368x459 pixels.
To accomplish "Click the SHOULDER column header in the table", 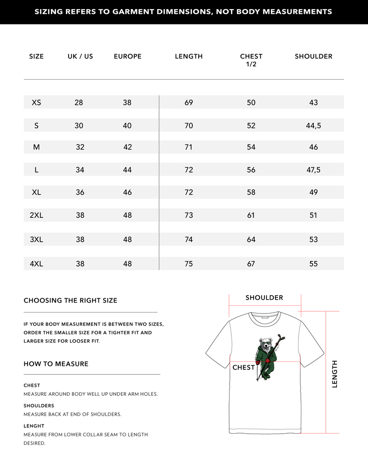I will [x=313, y=56].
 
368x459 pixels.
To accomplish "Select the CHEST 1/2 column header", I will [x=251, y=60].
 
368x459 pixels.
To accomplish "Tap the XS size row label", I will [x=36, y=102].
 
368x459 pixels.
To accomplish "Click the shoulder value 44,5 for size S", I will [x=313, y=125].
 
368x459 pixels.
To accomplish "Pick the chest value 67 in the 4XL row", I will [x=251, y=264].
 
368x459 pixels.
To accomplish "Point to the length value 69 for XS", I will [x=189, y=102].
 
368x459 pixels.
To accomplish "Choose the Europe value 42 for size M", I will [x=127, y=147].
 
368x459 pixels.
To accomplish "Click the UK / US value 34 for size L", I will [x=80, y=170].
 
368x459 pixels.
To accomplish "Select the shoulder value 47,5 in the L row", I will [x=313, y=170].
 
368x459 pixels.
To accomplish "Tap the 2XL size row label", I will [x=36, y=215].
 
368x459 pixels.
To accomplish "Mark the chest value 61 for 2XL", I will [x=251, y=215].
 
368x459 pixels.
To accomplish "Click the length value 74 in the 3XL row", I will [x=189, y=239].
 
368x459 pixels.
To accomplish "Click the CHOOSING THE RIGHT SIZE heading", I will [x=70, y=300].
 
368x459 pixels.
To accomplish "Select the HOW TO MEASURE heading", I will [x=56, y=364].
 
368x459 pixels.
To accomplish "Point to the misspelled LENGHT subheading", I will [x=34, y=426].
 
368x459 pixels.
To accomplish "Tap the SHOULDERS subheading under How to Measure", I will [x=39, y=406].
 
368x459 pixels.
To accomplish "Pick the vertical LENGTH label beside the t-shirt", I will [x=334, y=374].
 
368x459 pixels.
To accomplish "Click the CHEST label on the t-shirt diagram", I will [x=243, y=367].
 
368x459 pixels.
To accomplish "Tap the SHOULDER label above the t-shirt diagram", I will [x=264, y=298].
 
